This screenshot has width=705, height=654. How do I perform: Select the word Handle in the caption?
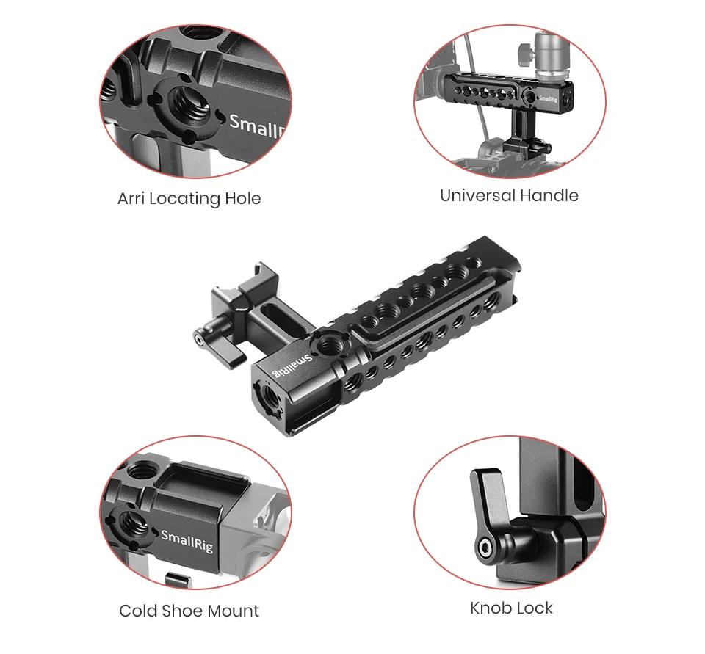(549, 195)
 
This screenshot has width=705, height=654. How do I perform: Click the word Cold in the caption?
(137, 611)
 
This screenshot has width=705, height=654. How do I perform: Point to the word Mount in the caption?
(232, 611)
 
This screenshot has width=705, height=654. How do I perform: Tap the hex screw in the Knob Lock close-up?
(485, 547)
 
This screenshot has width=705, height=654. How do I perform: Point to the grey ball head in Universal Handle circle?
(551, 53)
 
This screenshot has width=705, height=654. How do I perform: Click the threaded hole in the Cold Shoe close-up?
(134, 523)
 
